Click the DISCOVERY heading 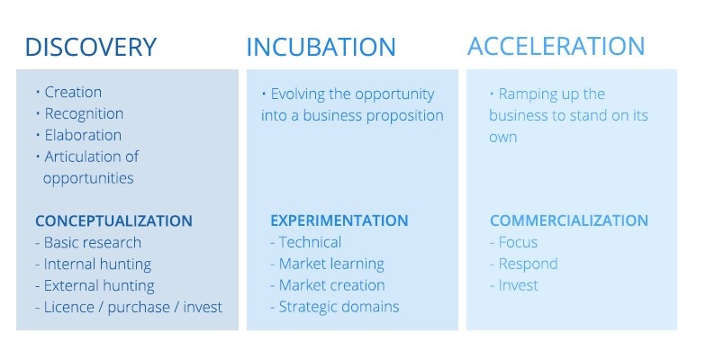pos(90,47)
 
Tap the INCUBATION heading pos(321,47)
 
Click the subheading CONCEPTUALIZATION pos(113,221)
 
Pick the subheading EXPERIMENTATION pos(339,220)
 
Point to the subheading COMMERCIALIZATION pos(569,220)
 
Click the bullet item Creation pos(73,92)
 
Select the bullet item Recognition pos(84,113)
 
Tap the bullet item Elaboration pos(83,135)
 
